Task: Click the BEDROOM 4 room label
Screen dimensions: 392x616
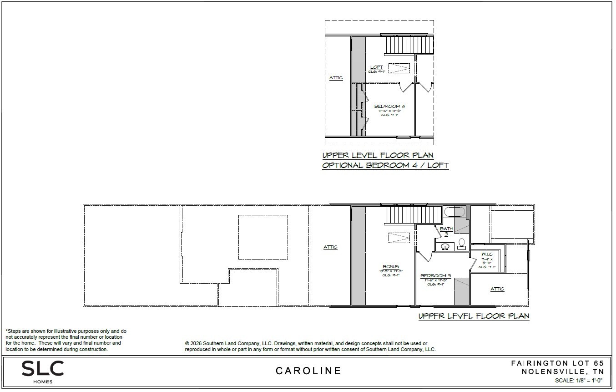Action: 389,107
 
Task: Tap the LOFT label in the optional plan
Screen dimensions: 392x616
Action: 376,67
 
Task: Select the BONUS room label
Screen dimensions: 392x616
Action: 390,267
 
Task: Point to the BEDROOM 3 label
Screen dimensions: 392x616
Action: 435,276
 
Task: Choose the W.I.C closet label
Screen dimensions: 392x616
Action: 487,255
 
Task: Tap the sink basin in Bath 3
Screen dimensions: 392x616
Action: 445,247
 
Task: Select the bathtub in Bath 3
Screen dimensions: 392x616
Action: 454,212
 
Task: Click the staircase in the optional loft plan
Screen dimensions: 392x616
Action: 408,46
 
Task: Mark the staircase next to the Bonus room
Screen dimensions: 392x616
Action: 413,215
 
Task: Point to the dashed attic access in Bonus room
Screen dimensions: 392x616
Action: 399,238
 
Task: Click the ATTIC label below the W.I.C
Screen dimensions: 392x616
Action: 497,289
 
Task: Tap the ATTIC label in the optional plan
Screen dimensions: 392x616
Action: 336,78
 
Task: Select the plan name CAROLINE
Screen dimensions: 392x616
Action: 308,371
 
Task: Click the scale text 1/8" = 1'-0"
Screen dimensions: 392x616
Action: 579,381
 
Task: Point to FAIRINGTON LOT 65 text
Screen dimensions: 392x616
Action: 557,363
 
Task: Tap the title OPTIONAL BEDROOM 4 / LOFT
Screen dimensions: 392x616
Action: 385,166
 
